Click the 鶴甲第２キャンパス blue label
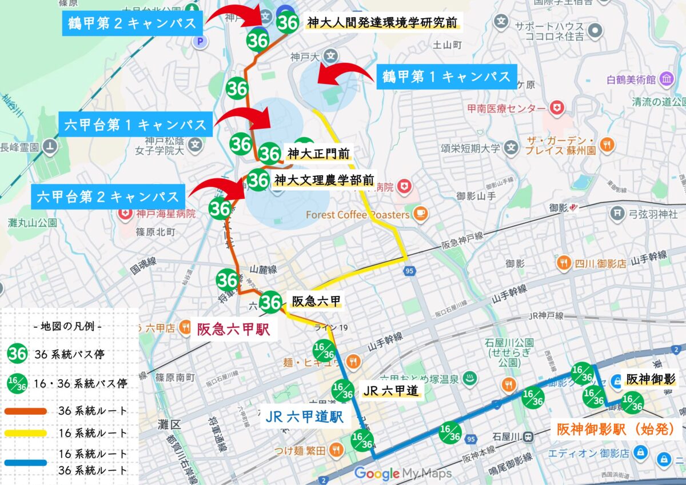(131, 24)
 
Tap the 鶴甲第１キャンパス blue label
(446, 77)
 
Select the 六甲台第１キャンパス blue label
(135, 125)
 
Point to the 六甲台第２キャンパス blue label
(109, 197)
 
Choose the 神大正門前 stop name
(318, 154)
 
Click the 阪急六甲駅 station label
(233, 330)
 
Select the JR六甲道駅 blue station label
(304, 416)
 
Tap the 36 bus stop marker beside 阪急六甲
(271, 303)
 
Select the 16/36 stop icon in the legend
(18, 383)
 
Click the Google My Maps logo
(403, 474)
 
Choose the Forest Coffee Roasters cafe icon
(420, 214)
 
